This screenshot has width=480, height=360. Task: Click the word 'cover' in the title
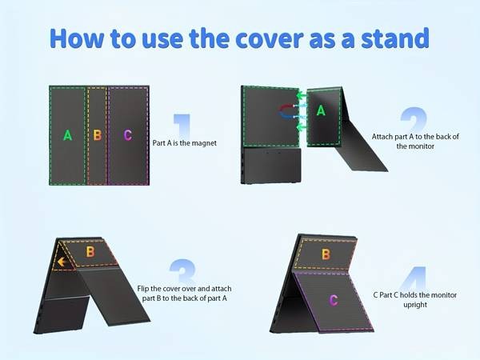pyautogui.click(x=270, y=38)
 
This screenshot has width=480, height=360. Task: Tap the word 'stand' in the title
pyautogui.click(x=395, y=38)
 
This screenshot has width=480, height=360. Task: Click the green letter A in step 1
pyautogui.click(x=68, y=135)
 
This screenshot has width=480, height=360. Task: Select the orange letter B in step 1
pyautogui.click(x=98, y=135)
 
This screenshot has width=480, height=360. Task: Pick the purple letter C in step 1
pyautogui.click(x=128, y=135)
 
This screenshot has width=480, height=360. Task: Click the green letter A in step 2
pyautogui.click(x=321, y=110)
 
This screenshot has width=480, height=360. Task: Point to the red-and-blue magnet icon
pyautogui.click(x=287, y=111)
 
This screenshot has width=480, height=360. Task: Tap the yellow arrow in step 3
pyautogui.click(x=62, y=262)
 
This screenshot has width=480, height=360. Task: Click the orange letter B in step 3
pyautogui.click(x=90, y=252)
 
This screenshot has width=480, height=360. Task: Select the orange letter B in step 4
pyautogui.click(x=326, y=254)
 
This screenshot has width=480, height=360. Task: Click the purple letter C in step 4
pyautogui.click(x=334, y=300)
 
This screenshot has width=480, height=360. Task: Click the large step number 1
pyautogui.click(x=182, y=126)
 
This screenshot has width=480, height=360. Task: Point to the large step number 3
pyautogui.click(x=182, y=270)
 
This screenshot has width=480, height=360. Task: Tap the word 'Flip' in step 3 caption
pyautogui.click(x=143, y=289)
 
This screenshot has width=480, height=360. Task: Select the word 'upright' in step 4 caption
pyautogui.click(x=415, y=305)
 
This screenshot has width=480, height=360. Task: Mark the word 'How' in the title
pyautogui.click(x=77, y=38)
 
